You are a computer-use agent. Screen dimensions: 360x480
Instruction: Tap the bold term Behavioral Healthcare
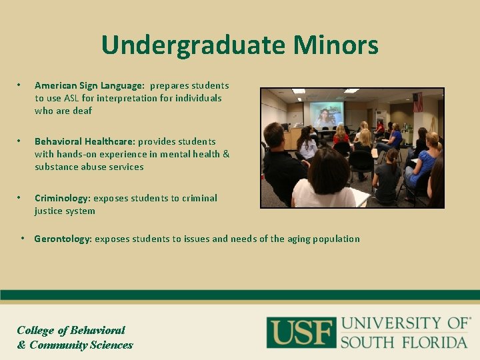[85, 141]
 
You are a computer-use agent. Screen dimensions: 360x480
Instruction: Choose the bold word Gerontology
[63, 239]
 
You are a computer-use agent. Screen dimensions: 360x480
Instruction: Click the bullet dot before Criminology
[20, 197]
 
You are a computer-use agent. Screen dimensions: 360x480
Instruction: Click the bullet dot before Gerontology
[23, 238]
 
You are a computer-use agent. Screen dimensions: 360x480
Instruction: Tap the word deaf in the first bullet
[83, 111]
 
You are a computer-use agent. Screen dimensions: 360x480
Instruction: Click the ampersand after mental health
[225, 154]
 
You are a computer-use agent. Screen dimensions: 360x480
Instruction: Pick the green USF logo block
[301, 332]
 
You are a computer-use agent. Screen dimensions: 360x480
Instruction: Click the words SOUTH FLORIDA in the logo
[404, 342]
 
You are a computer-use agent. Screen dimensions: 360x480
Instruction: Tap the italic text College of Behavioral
[71, 330]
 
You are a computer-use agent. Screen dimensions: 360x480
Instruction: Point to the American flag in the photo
[417, 102]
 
